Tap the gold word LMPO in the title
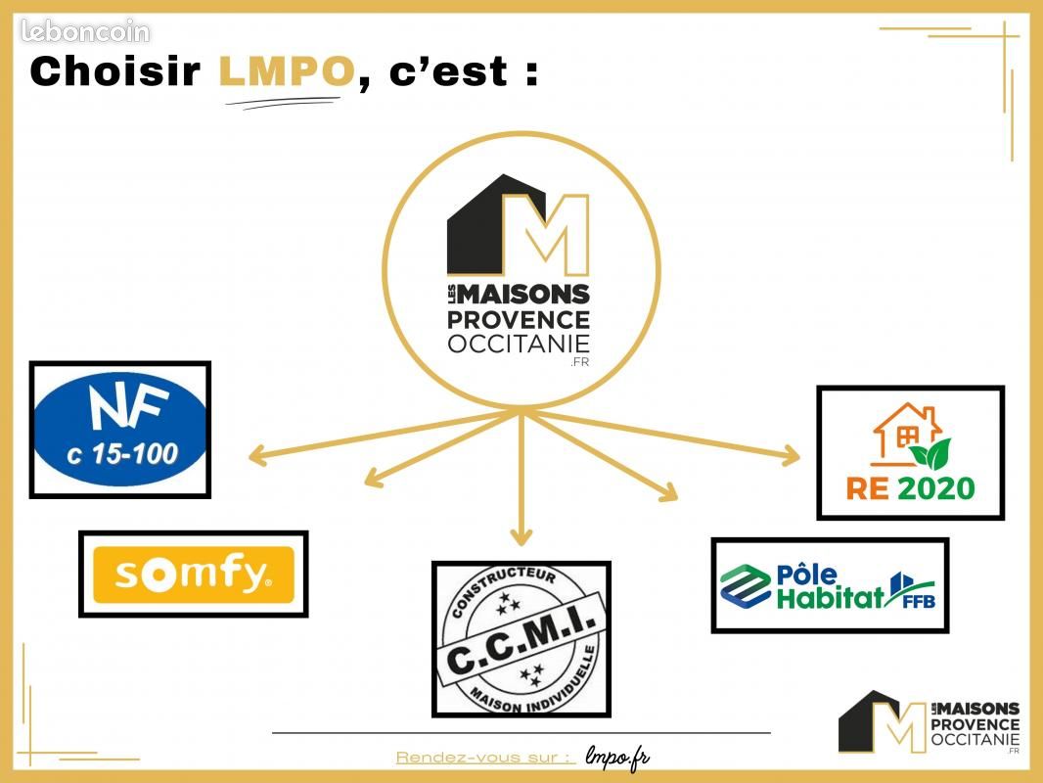(x=286, y=71)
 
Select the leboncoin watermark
(x=85, y=32)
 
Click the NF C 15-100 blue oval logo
(x=120, y=430)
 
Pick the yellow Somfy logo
(x=193, y=574)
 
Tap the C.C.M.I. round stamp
(x=521, y=638)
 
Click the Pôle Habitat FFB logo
(x=829, y=585)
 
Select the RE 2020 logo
(x=910, y=452)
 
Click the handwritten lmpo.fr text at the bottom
(x=617, y=757)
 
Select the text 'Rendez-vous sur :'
(x=484, y=758)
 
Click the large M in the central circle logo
(x=545, y=235)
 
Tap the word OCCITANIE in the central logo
(x=519, y=344)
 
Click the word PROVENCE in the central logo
(x=519, y=319)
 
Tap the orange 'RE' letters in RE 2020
(x=866, y=487)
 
